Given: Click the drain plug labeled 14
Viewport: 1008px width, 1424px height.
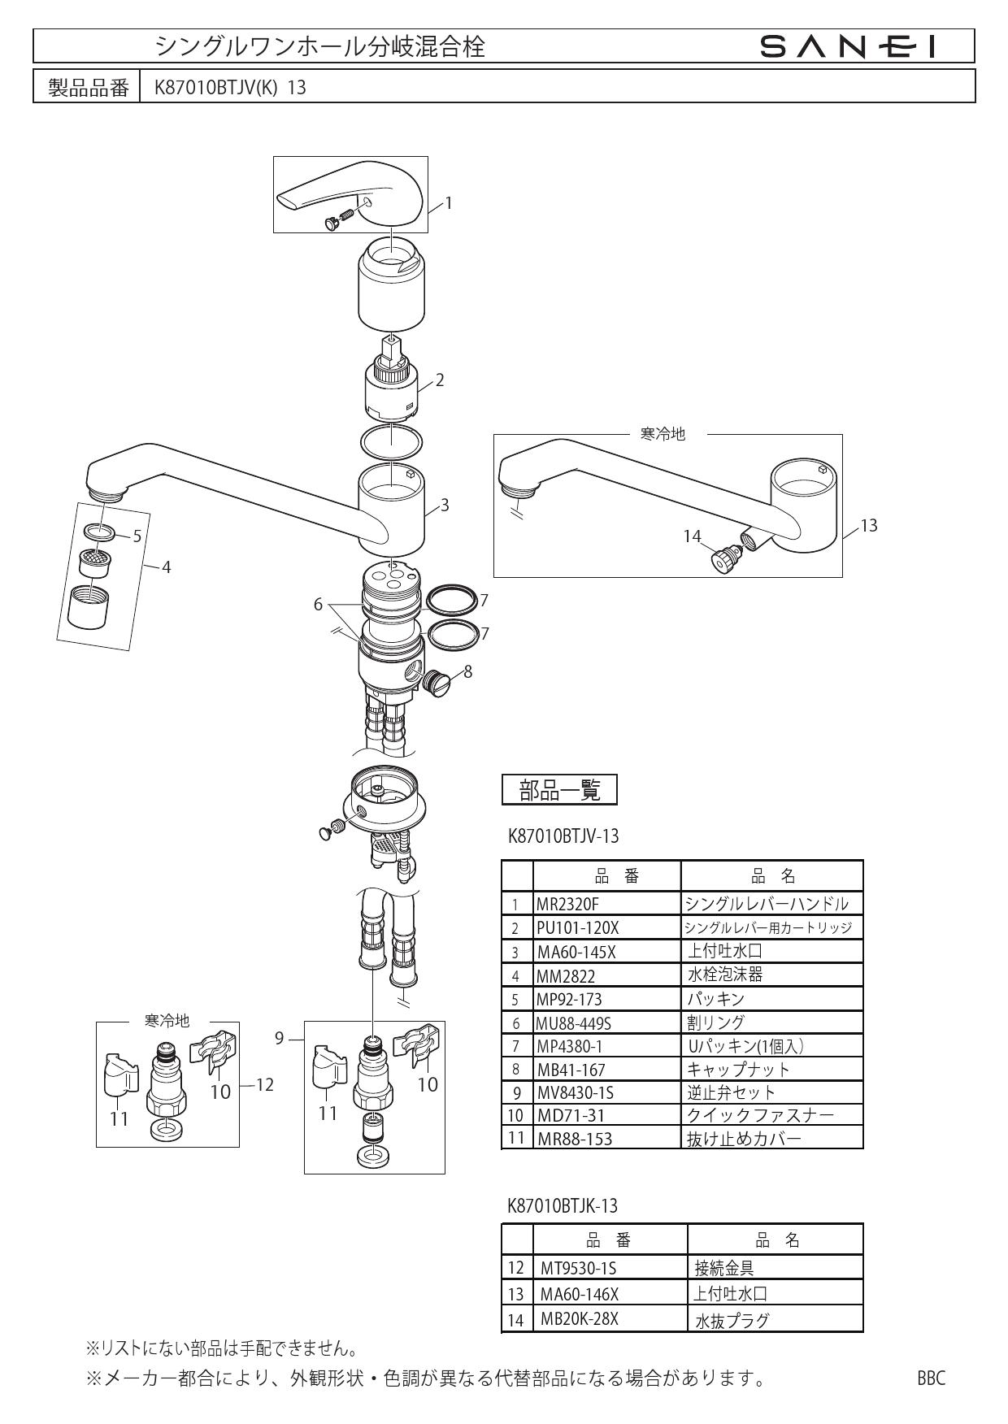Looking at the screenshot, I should (725, 559).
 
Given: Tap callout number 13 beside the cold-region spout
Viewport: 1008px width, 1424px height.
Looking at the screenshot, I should (868, 526).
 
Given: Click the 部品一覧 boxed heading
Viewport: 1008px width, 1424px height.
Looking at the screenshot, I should (559, 789).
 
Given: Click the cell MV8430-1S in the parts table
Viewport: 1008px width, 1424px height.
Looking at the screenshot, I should (576, 1092).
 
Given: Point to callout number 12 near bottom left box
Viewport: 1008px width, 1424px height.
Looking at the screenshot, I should (264, 1084).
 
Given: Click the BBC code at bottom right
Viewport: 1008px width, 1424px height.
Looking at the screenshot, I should (931, 1378).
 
